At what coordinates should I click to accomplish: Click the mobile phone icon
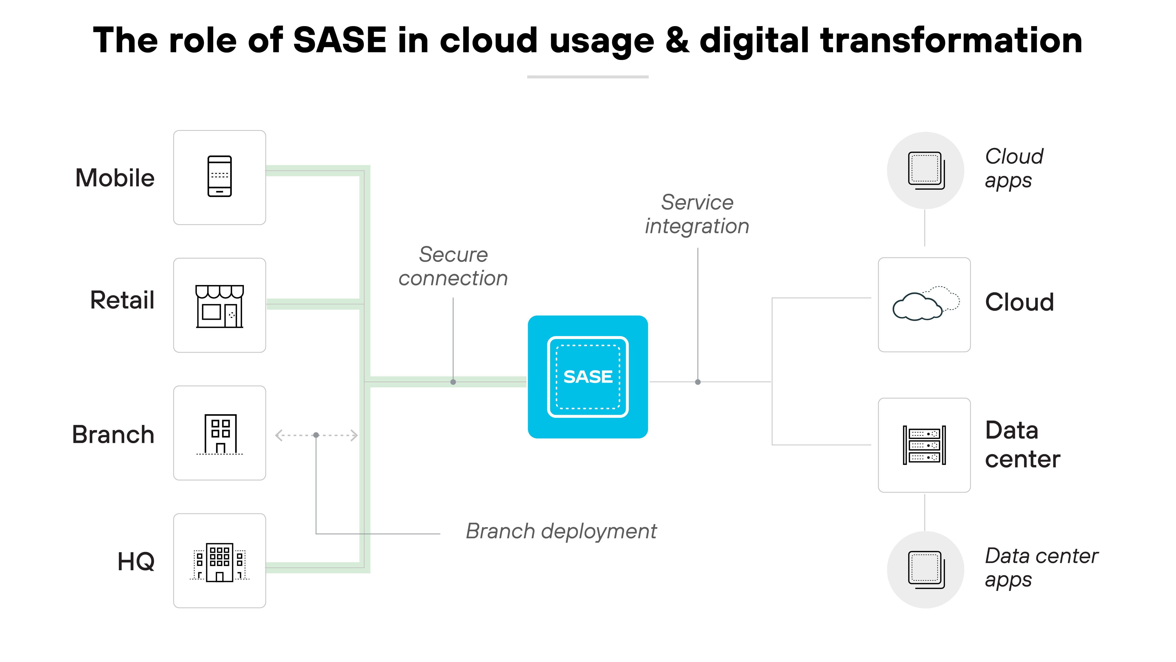[220, 176]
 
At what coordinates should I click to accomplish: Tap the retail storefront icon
[220, 306]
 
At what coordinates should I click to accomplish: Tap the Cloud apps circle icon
[925, 170]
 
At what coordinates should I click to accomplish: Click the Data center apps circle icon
[925, 570]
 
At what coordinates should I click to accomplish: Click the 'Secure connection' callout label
[453, 266]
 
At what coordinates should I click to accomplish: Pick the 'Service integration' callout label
[697, 214]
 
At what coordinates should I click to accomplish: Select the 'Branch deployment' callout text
[561, 531]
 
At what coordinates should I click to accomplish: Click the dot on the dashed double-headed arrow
[316, 435]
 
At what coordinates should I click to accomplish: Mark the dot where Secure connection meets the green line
[453, 382]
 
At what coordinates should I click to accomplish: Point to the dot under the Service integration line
[698, 382]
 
